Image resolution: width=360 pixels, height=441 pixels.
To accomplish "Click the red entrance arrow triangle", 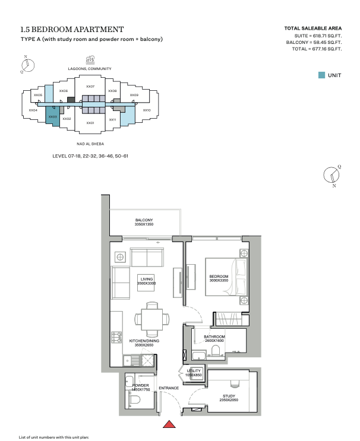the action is click(169, 424).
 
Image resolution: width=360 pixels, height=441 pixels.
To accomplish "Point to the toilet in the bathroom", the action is click(215, 351).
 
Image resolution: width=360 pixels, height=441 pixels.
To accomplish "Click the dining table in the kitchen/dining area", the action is click(152, 319).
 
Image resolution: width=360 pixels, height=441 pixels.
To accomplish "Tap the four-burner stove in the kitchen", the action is click(116, 337).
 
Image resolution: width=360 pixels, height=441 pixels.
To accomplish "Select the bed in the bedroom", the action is click(227, 277).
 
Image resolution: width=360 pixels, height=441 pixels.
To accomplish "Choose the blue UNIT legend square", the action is click(321, 75).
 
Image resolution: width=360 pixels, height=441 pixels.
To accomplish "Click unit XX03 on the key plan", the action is click(53, 116).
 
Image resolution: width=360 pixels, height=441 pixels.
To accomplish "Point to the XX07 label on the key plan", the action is click(90, 87).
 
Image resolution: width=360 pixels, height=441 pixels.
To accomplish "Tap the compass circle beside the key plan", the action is click(28, 65).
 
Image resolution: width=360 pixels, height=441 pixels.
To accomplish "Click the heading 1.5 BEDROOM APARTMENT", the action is click(72, 29).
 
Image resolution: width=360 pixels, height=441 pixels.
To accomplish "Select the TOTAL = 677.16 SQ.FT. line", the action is click(317, 49).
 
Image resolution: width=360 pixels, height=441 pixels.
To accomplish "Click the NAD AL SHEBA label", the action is click(90, 144).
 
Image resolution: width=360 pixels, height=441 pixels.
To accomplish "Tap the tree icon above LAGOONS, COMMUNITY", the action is click(90, 60).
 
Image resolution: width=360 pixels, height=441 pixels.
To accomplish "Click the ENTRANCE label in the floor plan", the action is click(169, 388).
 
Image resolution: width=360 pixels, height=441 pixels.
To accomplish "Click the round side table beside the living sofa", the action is click(120, 257).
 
